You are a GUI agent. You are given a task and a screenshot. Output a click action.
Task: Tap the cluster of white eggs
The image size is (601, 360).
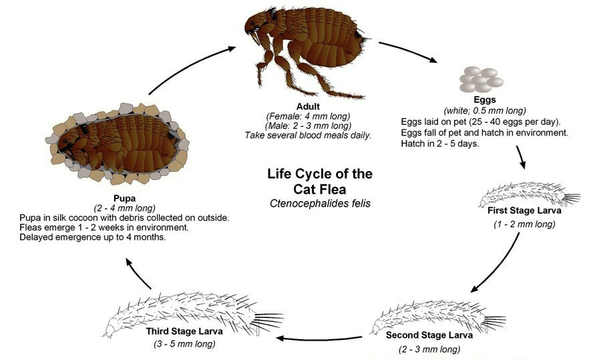pos(481,79)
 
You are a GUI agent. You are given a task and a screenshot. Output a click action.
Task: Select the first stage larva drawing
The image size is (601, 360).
pos(529,195)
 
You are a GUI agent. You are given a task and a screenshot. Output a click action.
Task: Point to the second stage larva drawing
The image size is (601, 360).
pos(437,317)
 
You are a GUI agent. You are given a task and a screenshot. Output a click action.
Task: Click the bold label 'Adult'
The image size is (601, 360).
pos(308,106)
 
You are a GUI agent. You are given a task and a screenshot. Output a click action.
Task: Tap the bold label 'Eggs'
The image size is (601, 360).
pos(485,100)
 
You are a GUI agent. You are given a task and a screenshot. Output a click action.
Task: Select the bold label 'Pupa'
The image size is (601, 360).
pos(125,198)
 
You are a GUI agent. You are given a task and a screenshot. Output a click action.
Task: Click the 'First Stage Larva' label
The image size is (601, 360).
pos(524,210)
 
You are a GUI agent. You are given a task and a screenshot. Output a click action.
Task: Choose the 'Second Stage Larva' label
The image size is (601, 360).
pos(429,335)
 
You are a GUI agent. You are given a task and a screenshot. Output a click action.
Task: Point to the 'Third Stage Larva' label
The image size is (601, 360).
pos(184,331)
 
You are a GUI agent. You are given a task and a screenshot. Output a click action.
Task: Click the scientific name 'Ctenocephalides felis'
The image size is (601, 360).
pos(320,203)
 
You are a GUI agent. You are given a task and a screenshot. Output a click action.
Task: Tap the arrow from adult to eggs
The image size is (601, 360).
pos(409,50)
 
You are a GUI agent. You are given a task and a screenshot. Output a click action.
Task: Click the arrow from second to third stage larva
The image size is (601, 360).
pos(319,338)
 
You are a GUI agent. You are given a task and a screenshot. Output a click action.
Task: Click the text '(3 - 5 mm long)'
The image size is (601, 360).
pos(184,343)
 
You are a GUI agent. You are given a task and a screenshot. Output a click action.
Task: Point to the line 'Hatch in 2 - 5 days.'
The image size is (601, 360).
pos(440,144)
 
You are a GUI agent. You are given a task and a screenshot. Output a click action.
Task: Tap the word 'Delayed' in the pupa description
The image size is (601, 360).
pos(37,237)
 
